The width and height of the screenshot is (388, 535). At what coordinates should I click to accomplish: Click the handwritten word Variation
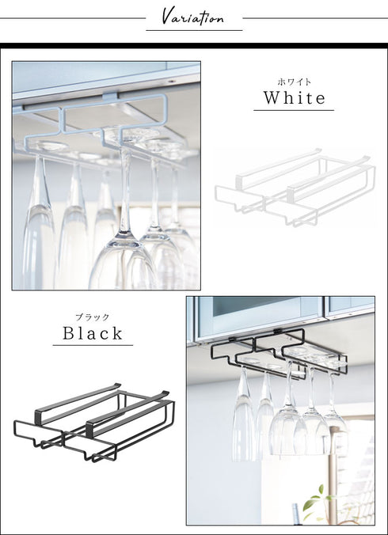click(192, 17)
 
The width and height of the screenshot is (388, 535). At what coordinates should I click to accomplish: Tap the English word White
click(294, 98)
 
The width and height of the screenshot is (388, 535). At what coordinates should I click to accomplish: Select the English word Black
click(93, 333)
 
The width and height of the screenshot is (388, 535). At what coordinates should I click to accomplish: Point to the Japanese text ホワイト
click(294, 82)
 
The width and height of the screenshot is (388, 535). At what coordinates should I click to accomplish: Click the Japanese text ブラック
click(93, 317)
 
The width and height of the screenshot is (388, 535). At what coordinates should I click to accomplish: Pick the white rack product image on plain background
click(295, 187)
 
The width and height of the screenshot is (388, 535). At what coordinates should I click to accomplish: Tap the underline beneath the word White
click(294, 110)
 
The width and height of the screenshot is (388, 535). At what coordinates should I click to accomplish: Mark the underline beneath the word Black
click(93, 345)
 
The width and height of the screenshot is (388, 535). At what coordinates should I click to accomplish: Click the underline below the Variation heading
click(194, 30)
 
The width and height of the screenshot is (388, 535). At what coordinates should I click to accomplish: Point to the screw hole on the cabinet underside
click(170, 82)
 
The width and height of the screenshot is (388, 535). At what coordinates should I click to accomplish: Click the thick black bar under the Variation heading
click(194, 46)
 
